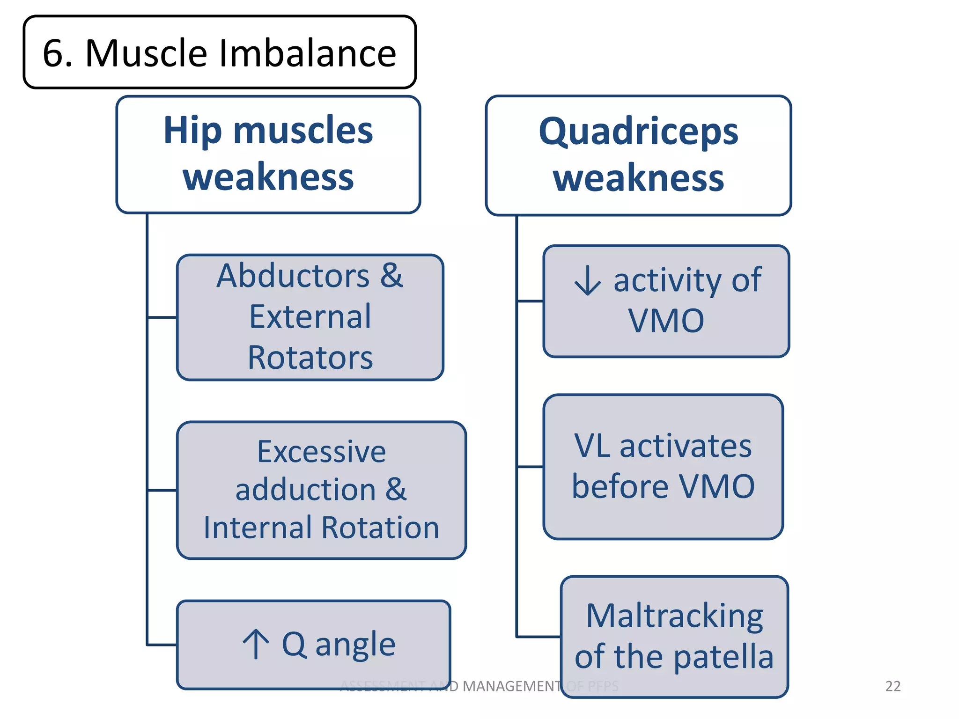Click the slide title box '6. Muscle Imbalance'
tap(219, 52)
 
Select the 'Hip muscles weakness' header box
tap(268, 154)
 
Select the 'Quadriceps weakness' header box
tap(638, 155)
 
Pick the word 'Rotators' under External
tap(310, 358)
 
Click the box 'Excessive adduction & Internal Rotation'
tap(321, 490)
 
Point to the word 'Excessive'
tap(321, 452)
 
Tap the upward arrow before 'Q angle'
tap(256, 644)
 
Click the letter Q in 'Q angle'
tap(294, 644)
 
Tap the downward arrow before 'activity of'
tap(587, 280)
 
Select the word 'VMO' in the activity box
tap(666, 321)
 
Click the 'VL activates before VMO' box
tap(663, 466)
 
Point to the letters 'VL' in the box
tap(592, 446)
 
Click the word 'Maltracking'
tap(674, 616)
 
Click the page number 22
tap(893, 686)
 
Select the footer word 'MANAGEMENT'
tap(511, 686)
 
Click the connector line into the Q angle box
tap(162, 645)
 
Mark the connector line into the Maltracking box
tap(539, 637)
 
